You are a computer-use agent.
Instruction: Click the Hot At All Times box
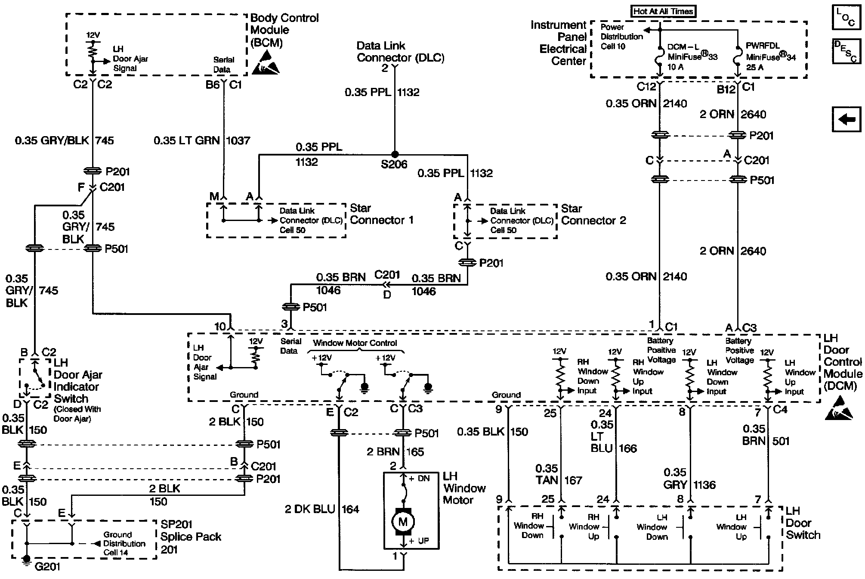coord(663,12)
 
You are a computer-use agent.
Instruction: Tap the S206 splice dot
coord(394,154)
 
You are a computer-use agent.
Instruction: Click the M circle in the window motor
coord(403,522)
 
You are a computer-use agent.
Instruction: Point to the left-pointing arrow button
coord(846,119)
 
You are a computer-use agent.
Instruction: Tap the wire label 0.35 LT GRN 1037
coord(202,140)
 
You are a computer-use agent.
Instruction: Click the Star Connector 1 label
coord(381,214)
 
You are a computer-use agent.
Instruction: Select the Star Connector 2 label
coord(593,215)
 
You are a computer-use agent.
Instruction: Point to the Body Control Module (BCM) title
coord(284,30)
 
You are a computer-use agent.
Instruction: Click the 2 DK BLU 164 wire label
coord(322,509)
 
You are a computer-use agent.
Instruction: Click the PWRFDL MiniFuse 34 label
coord(770,56)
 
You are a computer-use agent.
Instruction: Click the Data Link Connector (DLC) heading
coord(400,52)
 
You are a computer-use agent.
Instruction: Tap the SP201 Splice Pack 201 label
coord(190,537)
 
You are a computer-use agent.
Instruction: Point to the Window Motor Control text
coord(355,343)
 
